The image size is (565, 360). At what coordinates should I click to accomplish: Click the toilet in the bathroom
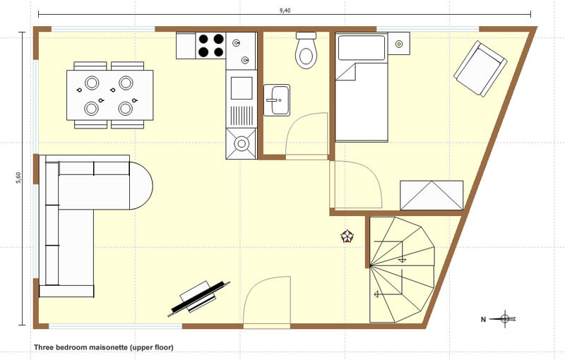pyautogui.click(x=306, y=50)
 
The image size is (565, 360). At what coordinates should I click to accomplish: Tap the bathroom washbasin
pyautogui.click(x=277, y=100)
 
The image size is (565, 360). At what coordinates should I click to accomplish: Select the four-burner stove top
pyautogui.click(x=210, y=46)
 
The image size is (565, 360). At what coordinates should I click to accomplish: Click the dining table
pyautogui.click(x=110, y=95)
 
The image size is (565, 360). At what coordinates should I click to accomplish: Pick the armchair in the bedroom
pyautogui.click(x=480, y=68)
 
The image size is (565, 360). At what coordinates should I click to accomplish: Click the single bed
pyautogui.click(x=362, y=87)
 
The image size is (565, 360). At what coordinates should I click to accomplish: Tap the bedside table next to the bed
pyautogui.click(x=399, y=44)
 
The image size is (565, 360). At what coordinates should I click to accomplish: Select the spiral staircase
pyautogui.click(x=402, y=269)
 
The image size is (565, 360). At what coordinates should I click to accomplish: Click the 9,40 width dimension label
pyautogui.click(x=285, y=10)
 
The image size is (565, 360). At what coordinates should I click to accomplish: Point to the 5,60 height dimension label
pyautogui.click(x=18, y=177)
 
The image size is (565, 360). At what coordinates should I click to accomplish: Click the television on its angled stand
pyautogui.click(x=198, y=298)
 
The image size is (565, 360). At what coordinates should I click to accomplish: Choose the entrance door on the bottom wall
pyautogui.click(x=267, y=301)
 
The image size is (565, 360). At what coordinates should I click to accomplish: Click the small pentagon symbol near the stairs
pyautogui.click(x=347, y=236)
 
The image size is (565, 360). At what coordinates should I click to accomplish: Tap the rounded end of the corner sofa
pyautogui.click(x=141, y=186)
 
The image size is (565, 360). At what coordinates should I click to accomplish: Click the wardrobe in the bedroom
pyautogui.click(x=432, y=195)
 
